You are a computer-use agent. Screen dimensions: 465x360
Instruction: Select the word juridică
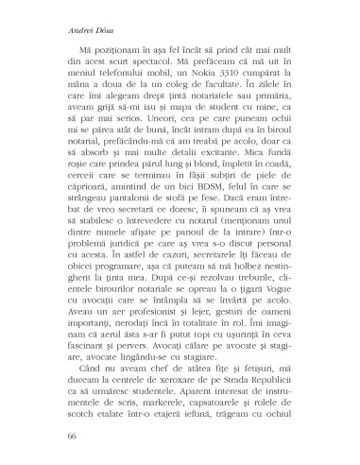pos(131,266)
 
